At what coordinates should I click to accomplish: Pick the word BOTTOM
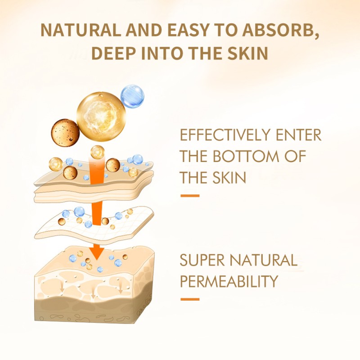(243, 157)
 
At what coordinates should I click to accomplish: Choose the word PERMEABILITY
(229, 282)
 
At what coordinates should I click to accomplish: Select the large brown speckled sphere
(66, 132)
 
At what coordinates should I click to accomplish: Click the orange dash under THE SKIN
(189, 196)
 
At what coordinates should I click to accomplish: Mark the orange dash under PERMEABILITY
(189, 299)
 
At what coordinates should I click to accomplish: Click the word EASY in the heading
(188, 30)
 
